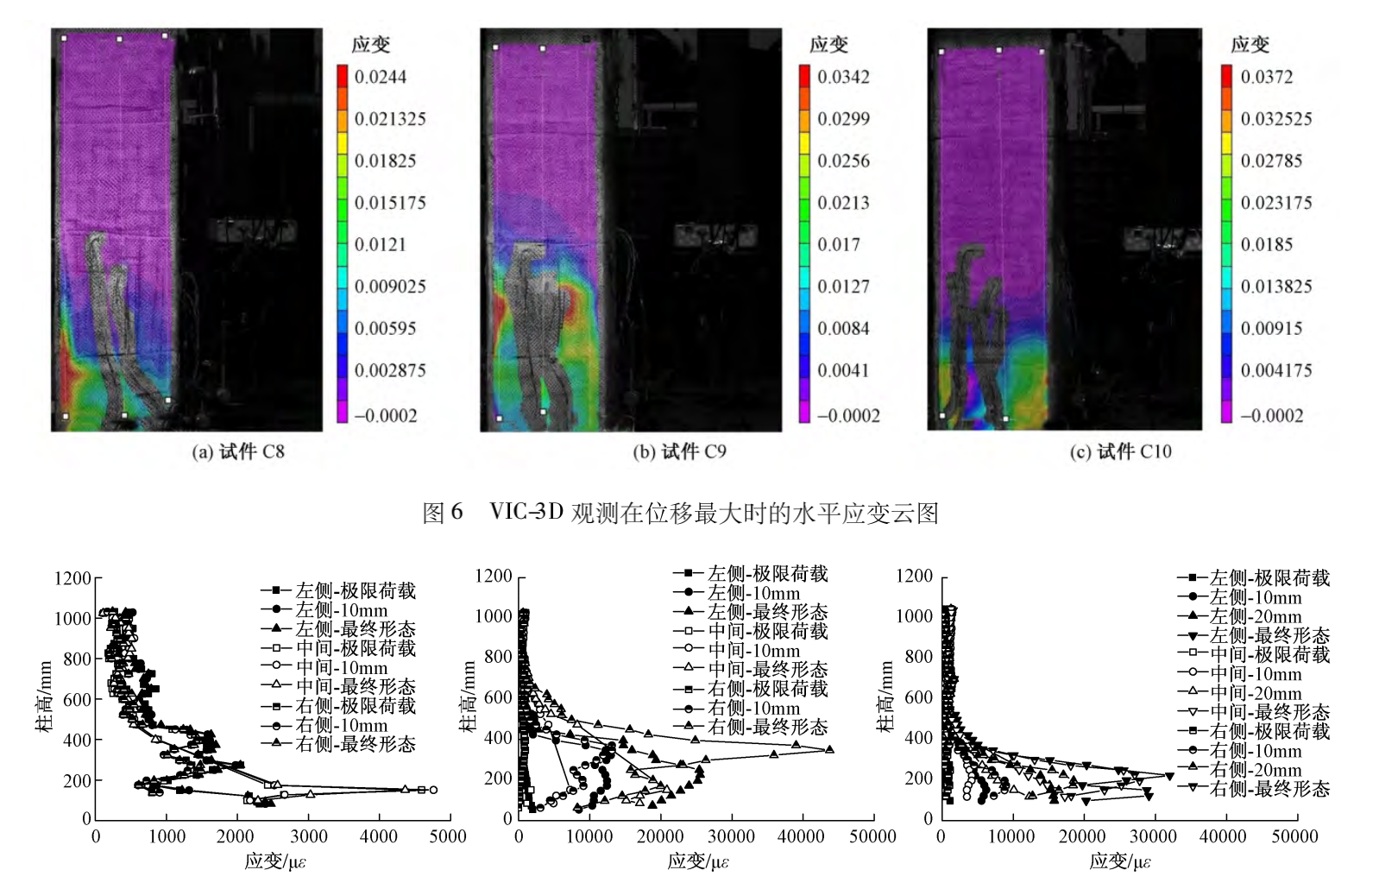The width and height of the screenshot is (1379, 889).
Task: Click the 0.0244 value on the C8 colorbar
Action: (380, 77)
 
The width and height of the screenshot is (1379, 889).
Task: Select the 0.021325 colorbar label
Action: (390, 119)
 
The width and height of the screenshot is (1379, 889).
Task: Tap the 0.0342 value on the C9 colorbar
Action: (843, 77)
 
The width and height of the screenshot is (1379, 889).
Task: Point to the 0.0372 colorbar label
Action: (1266, 77)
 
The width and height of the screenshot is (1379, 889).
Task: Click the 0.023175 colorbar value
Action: (1275, 203)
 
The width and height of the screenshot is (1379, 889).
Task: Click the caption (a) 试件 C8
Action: (238, 451)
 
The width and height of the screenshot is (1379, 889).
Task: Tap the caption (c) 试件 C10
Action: (1120, 451)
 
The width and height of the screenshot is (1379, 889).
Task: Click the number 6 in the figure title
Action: (457, 512)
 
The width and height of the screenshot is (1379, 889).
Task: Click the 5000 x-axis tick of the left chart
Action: (448, 835)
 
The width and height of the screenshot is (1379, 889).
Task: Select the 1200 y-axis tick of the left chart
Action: (72, 578)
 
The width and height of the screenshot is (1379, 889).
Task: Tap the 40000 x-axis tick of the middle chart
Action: (801, 835)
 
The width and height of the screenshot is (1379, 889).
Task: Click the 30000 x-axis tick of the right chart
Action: (1153, 835)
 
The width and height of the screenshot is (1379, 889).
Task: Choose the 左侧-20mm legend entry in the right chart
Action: (1255, 616)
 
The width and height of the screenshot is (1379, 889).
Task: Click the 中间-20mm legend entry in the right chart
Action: (1255, 693)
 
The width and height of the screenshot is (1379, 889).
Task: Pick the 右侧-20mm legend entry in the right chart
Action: (1255, 770)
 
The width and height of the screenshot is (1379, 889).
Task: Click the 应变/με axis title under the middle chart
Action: (697, 861)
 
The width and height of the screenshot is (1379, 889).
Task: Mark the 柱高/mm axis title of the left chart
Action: (43, 697)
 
